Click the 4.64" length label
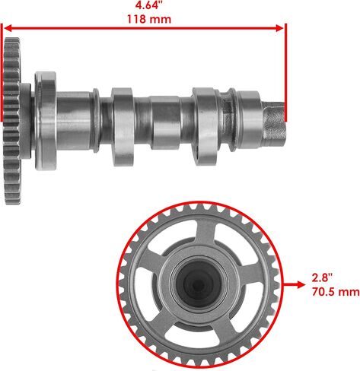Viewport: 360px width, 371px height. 148,5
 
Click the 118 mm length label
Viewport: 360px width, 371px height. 149,19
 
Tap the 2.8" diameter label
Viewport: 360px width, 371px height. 322,277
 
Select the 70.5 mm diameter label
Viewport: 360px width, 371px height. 336,292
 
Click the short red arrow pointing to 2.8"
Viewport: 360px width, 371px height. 295,285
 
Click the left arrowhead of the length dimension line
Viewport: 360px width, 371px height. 8,28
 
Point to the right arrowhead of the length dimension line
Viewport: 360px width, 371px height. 279,28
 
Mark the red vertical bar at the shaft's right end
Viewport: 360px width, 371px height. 286,72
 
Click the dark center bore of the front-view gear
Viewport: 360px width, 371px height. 199,284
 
